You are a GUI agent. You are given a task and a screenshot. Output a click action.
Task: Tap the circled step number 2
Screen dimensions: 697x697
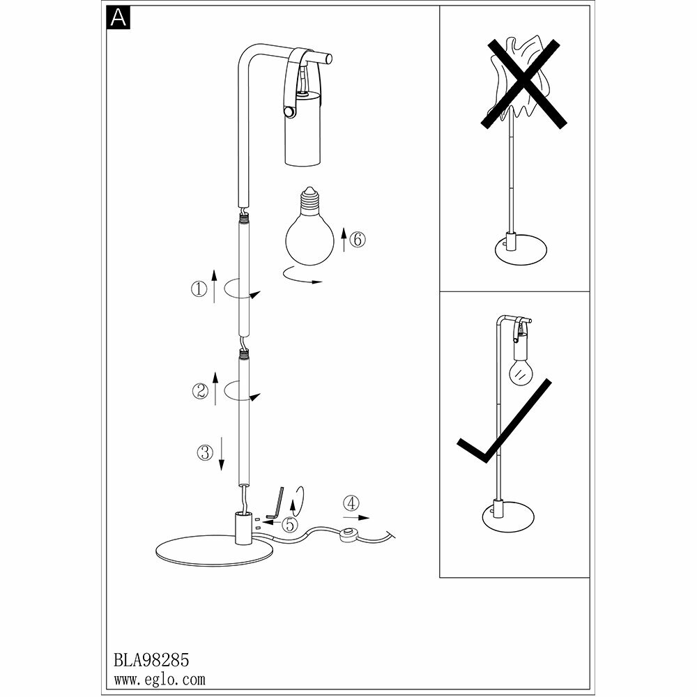point(199,391)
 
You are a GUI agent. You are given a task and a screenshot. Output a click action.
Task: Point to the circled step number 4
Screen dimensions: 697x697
point(352,502)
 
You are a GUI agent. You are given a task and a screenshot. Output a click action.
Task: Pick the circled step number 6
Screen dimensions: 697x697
point(356,240)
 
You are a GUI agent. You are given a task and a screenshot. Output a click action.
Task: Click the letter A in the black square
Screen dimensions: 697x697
point(118,18)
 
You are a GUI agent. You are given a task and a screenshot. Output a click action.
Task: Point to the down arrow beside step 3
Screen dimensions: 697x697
point(221,452)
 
